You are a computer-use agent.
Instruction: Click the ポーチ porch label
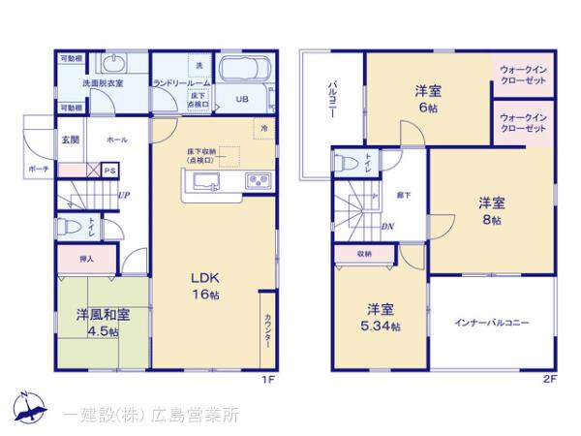(38, 170)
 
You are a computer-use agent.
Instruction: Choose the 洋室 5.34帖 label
(379, 318)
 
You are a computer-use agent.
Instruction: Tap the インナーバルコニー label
(493, 323)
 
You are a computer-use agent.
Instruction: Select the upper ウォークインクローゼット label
(523, 76)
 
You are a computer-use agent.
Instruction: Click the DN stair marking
(386, 228)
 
